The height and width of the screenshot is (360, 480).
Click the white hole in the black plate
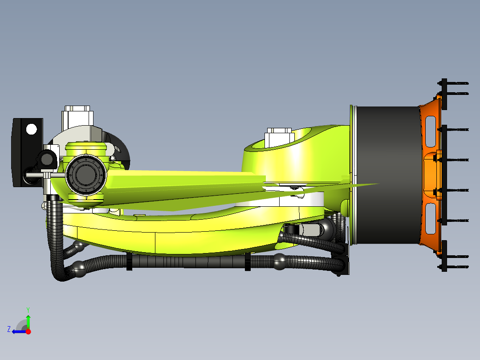tap(32, 129)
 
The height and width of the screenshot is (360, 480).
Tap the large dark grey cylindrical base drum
tap(386, 176)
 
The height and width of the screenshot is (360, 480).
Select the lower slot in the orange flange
tap(431, 218)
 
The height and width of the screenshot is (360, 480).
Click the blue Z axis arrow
tap(18, 331)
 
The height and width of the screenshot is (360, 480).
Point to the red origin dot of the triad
tap(28, 331)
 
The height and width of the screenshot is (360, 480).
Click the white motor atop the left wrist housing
tap(78, 117)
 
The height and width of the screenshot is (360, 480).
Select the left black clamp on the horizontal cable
tap(129, 261)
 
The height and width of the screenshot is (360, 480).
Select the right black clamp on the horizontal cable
tap(248, 262)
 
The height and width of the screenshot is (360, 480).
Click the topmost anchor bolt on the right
tap(454, 83)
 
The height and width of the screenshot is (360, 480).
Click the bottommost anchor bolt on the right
tap(454, 267)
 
